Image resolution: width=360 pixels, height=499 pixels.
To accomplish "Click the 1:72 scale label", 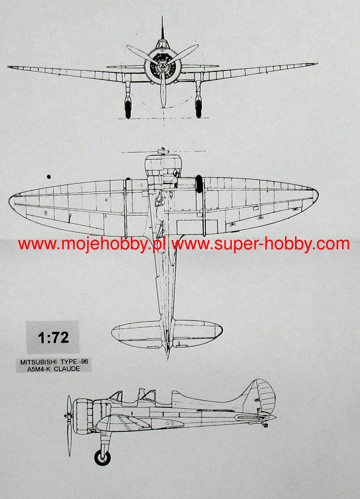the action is [53, 338].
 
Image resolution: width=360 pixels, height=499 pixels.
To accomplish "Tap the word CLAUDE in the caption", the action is [67, 369].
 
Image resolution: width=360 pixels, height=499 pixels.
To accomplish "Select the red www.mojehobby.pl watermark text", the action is [92, 244].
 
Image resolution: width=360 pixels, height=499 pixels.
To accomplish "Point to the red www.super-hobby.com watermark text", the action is [260, 244].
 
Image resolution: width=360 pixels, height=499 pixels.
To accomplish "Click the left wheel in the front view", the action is [128, 109].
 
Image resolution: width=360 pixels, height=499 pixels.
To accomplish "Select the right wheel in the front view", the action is [198, 109].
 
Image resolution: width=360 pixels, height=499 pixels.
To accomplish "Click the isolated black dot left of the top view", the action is [49, 177].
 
